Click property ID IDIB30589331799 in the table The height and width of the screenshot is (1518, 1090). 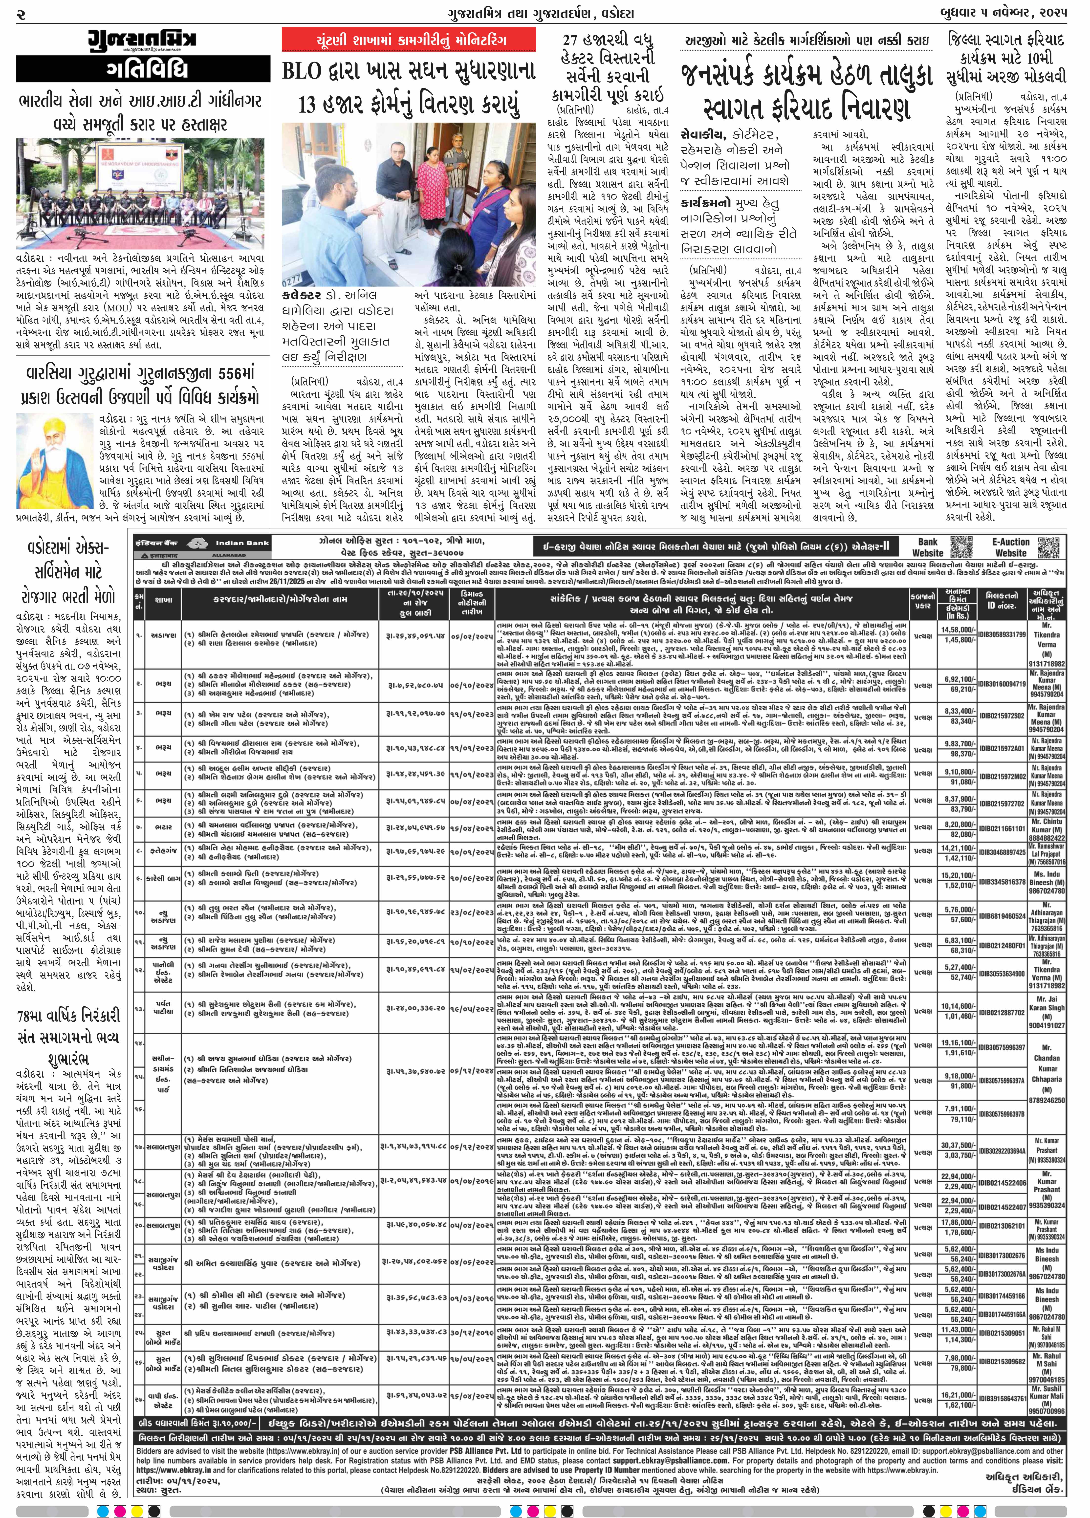pyautogui.click(x=1002, y=634)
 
